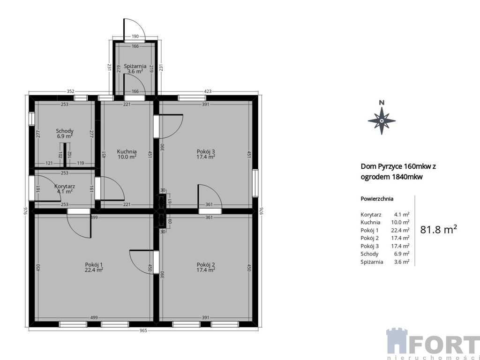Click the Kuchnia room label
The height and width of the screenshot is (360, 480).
point(127,151)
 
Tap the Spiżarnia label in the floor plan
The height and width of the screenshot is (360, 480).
point(135,66)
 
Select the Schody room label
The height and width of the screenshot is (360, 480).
point(65,131)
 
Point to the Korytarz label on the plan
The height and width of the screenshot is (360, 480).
point(65,186)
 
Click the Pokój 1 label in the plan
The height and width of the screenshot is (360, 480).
point(94,265)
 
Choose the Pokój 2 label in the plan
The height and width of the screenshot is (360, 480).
point(206,265)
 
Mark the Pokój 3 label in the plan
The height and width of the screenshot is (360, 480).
point(206,151)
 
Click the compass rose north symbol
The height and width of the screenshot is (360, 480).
point(382,120)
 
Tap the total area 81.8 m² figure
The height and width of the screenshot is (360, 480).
point(438,230)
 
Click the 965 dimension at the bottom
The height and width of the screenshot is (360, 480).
point(143,330)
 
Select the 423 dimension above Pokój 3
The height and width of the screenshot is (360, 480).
point(208,91)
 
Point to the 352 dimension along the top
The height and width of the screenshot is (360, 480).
point(70,91)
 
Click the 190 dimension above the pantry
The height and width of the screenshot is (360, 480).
point(135,37)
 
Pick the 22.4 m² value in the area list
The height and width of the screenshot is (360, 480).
point(402,230)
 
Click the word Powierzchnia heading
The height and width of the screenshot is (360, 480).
point(377,199)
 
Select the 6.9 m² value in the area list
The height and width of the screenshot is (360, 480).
point(402,254)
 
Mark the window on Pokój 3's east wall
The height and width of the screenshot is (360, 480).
point(255,183)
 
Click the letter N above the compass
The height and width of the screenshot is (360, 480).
point(382,103)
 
